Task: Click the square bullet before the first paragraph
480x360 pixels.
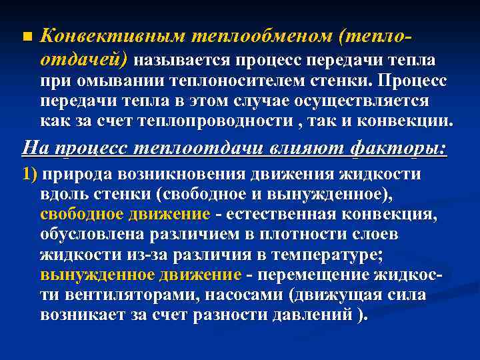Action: (x=26, y=35)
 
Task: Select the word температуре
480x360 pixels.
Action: (x=320, y=255)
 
